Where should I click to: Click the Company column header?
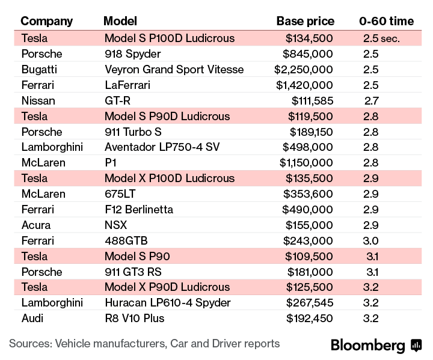(x=46, y=21)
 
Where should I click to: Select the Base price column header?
(x=305, y=21)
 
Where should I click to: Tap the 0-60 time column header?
(x=386, y=21)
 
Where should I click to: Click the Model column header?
(x=120, y=21)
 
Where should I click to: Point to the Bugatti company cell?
(x=39, y=69)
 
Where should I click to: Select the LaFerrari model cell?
(x=127, y=85)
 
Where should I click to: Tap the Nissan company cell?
(x=38, y=100)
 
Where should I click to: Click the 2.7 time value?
(x=371, y=100)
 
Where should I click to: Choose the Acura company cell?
(x=35, y=225)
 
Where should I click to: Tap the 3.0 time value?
(x=371, y=240)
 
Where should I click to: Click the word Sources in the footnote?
(x=28, y=344)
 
